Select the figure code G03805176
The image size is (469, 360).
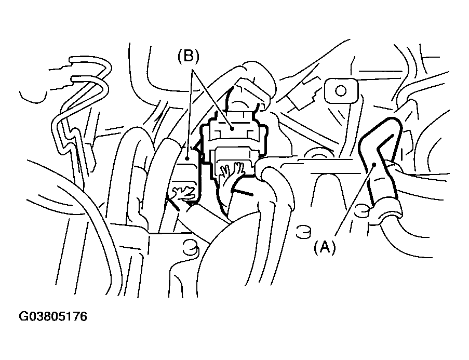click(x=53, y=316)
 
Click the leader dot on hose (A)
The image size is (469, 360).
click(x=374, y=165)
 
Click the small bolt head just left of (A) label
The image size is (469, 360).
click(x=304, y=231)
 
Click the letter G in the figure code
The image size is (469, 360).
click(x=23, y=316)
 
